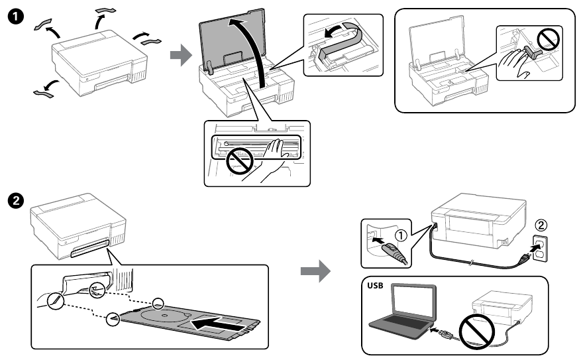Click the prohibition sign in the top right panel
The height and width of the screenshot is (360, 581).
[549, 40]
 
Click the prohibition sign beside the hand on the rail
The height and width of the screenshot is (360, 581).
[238, 159]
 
